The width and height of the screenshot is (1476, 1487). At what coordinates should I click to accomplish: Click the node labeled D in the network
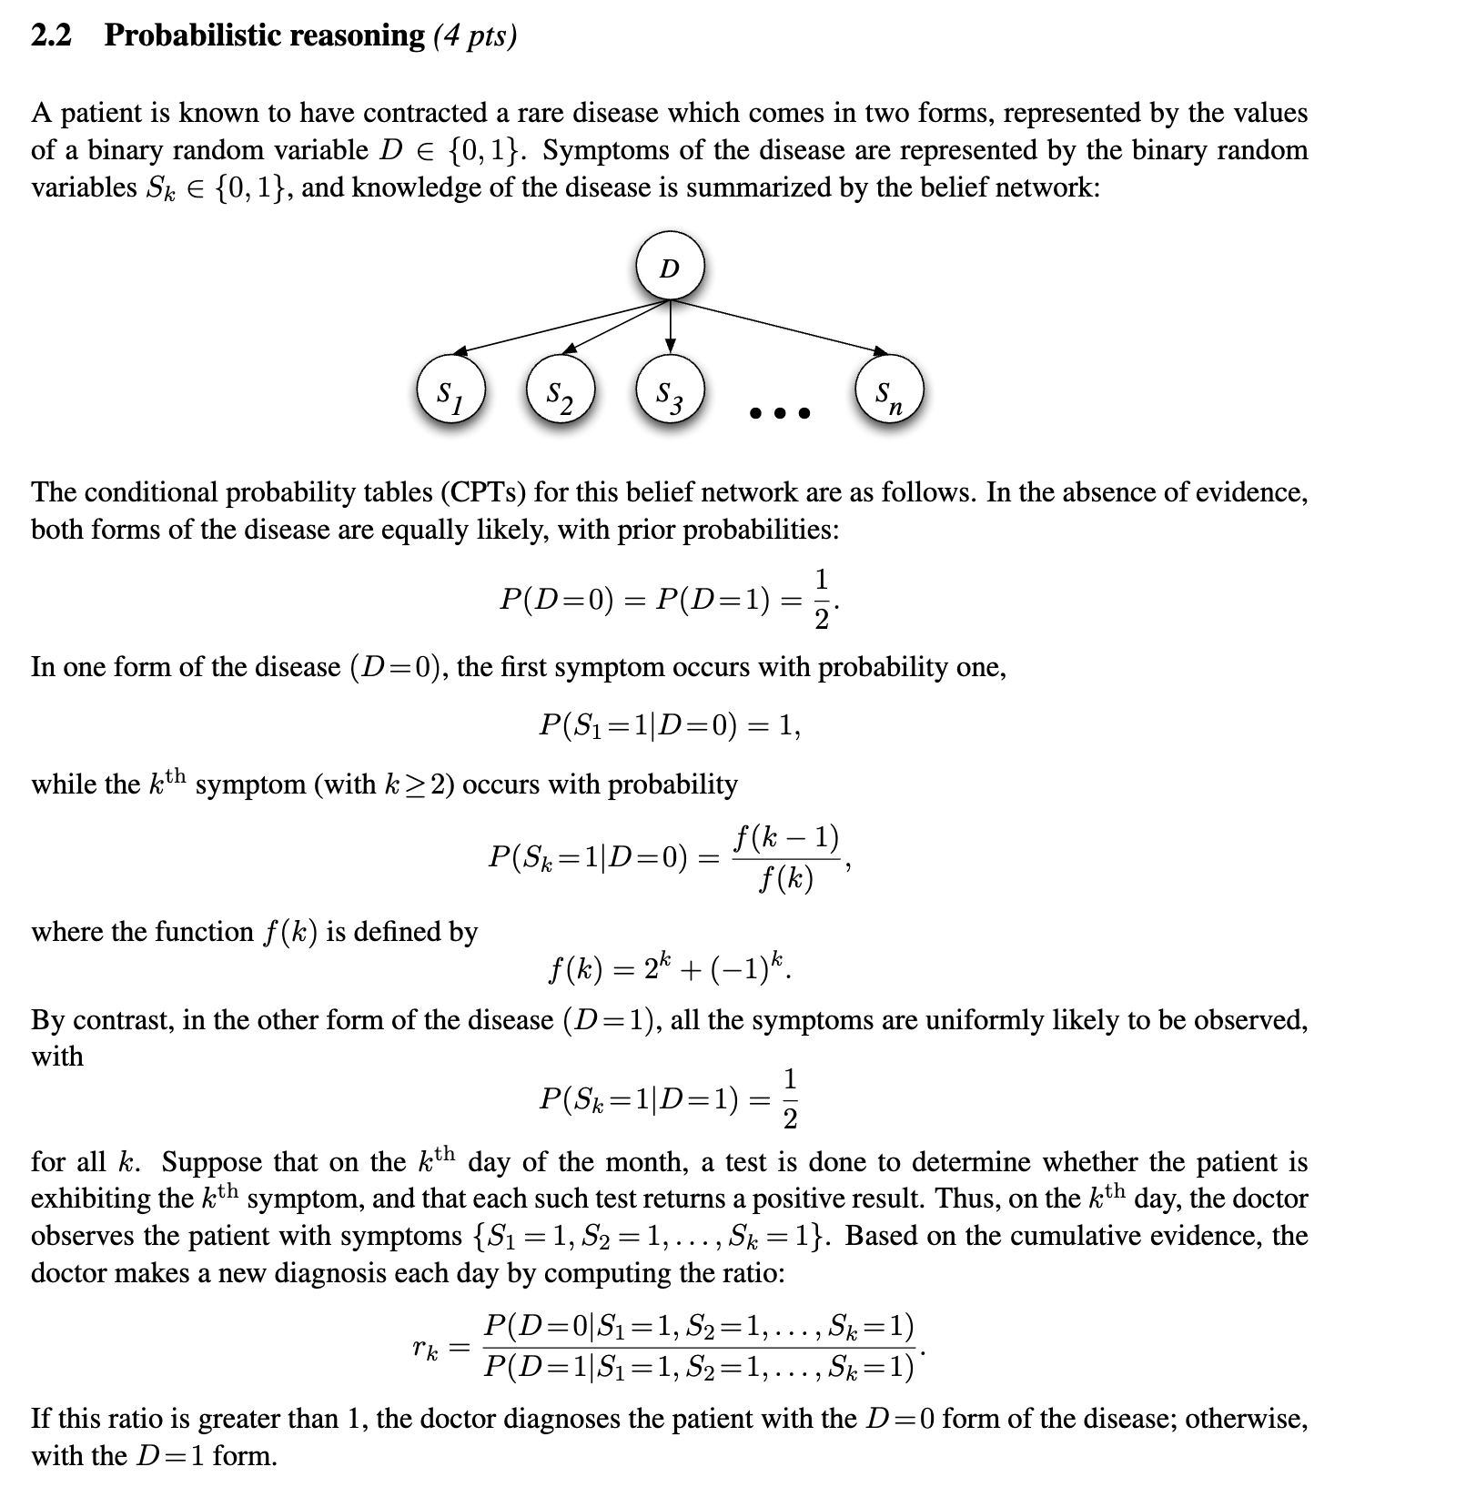[x=670, y=268]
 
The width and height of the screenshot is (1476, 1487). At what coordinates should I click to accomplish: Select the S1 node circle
[x=450, y=393]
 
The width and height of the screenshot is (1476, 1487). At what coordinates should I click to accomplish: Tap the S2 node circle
[x=560, y=393]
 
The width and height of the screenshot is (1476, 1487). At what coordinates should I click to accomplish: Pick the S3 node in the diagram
[x=670, y=393]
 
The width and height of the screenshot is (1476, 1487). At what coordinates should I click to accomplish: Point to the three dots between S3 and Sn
[x=779, y=414]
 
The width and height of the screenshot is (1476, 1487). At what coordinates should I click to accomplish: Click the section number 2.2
[x=51, y=35]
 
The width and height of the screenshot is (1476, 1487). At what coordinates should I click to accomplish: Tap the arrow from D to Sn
[x=783, y=328]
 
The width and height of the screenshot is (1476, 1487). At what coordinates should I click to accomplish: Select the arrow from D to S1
[x=555, y=328]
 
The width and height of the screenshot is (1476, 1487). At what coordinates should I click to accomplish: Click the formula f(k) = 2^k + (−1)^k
[x=669, y=970]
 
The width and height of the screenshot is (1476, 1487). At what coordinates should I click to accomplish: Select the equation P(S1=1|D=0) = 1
[x=670, y=725]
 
